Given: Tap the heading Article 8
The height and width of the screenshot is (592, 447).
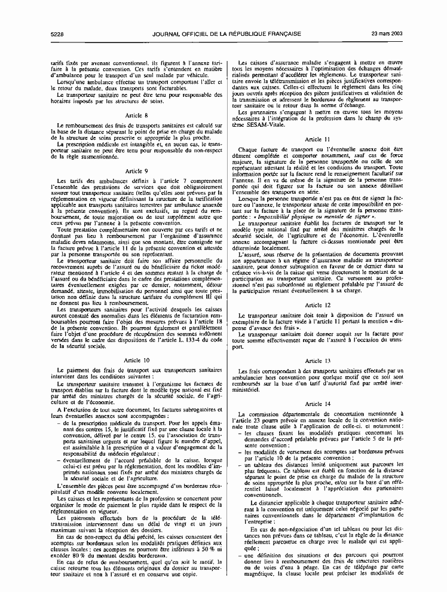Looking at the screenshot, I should point(137,115).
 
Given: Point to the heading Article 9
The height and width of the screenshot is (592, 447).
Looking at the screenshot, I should point(137,171).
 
